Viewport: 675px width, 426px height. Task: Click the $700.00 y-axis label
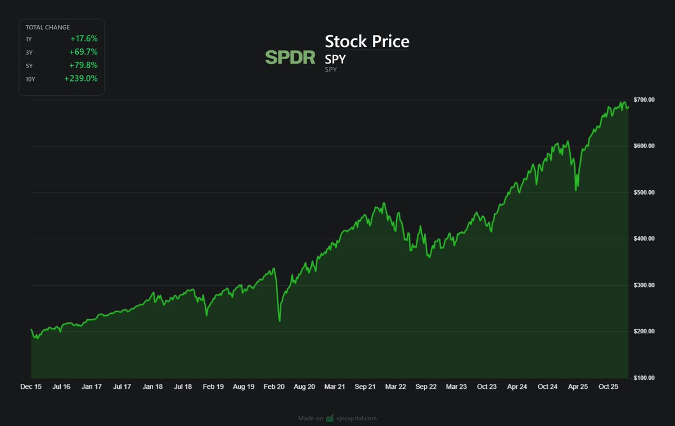(x=643, y=100)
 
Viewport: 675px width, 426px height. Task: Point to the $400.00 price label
(x=643, y=239)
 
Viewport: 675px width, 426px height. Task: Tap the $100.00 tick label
(x=643, y=378)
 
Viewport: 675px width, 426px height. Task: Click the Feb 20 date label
(x=273, y=387)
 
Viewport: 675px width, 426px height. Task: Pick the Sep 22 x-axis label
(x=426, y=387)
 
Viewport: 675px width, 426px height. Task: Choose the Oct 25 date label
(x=608, y=387)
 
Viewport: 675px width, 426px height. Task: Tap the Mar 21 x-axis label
(x=335, y=387)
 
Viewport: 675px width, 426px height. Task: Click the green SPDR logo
(x=290, y=57)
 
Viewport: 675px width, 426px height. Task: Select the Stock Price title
(x=367, y=42)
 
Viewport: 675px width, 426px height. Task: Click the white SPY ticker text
(x=335, y=59)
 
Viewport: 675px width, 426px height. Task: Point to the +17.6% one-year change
(x=84, y=39)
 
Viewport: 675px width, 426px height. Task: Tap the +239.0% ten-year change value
(x=81, y=79)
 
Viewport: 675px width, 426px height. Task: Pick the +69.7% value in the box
(x=84, y=52)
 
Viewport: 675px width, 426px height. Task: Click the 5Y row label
(x=29, y=66)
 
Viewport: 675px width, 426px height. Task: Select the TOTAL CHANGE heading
(x=47, y=27)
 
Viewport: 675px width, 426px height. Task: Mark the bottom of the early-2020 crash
(x=280, y=321)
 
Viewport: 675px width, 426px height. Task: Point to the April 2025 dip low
(x=575, y=190)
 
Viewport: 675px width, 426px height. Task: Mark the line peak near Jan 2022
(x=384, y=203)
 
